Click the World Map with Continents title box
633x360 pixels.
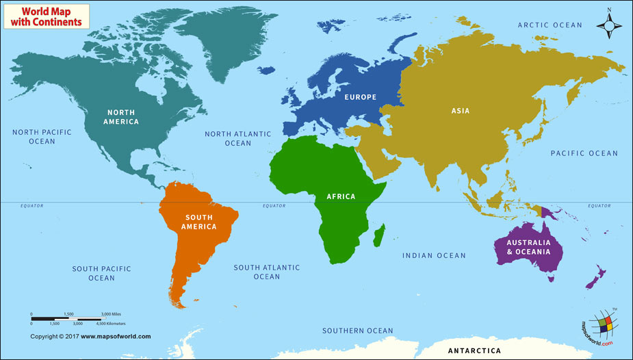click(x=46, y=16)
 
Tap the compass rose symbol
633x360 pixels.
click(x=608, y=25)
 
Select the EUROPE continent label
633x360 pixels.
click(x=360, y=97)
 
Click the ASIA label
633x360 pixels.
click(x=461, y=110)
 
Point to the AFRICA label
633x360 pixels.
click(x=341, y=196)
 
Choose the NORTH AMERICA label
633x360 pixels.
click(x=121, y=117)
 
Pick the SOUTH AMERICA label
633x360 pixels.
click(x=198, y=222)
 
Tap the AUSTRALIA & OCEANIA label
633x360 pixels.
click(x=528, y=247)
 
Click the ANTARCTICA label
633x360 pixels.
click(x=474, y=351)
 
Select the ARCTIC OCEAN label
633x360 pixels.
click(x=550, y=25)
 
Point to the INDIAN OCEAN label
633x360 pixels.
click(x=434, y=255)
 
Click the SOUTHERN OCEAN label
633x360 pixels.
click(x=358, y=331)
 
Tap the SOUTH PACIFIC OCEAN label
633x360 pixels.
click(x=101, y=274)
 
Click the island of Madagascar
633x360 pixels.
click(x=379, y=235)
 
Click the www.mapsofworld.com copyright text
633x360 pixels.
click(x=90, y=336)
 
